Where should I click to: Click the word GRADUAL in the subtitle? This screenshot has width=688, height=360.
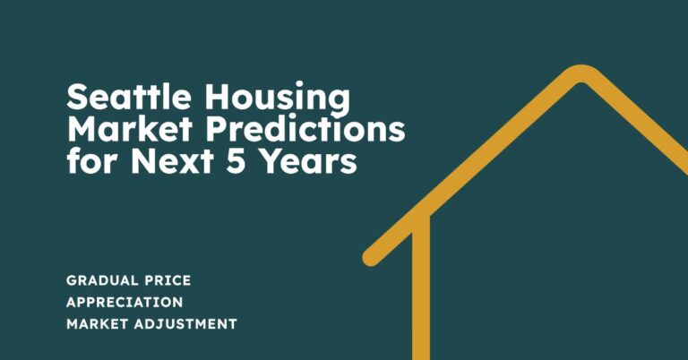pos(101,280)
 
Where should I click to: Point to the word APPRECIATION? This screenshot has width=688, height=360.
pos(125,302)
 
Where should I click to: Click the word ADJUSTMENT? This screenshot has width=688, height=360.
pos(187,323)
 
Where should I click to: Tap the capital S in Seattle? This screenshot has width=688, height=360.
pos(78,98)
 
